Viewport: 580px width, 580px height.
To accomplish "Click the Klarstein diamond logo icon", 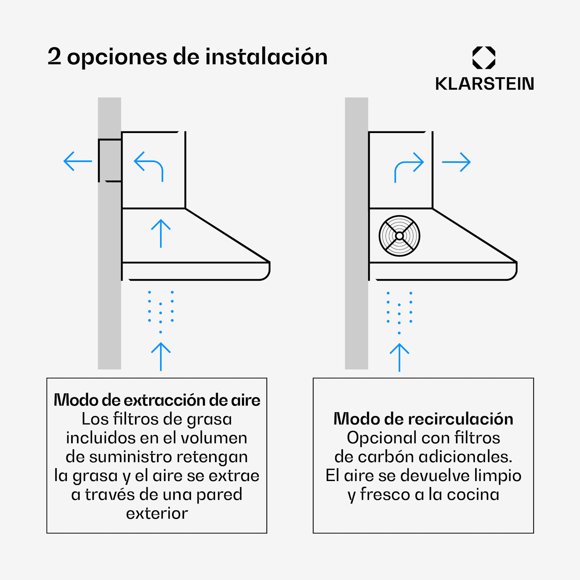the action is pyautogui.click(x=484, y=58).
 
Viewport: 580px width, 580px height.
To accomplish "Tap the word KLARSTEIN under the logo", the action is pyautogui.click(x=484, y=84).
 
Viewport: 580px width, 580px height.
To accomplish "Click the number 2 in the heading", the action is pyautogui.click(x=55, y=56).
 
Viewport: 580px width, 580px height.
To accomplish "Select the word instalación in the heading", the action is pyautogui.click(x=266, y=56).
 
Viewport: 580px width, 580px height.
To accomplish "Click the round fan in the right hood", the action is pyautogui.click(x=399, y=236).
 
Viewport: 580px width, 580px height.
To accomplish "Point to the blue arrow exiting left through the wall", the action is pyautogui.click(x=78, y=161).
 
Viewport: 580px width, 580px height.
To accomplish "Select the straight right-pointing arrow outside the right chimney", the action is pyautogui.click(x=456, y=162).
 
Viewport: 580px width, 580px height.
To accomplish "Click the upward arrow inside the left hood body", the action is pyautogui.click(x=161, y=234).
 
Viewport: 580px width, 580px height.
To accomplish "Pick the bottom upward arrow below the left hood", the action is pyautogui.click(x=161, y=357).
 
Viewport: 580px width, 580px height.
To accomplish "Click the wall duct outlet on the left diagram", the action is pyautogui.click(x=110, y=160).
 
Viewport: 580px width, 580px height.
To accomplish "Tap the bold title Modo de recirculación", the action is pyautogui.click(x=423, y=419).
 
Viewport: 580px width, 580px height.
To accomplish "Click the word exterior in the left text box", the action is pyautogui.click(x=157, y=513).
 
